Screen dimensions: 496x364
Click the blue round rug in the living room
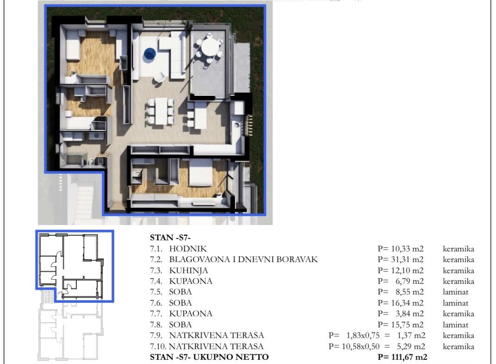[150, 53]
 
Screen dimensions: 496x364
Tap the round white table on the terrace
[210, 47]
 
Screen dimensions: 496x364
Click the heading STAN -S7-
[170, 238]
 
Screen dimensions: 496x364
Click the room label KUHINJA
[188, 271]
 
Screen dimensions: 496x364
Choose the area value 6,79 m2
[409, 282]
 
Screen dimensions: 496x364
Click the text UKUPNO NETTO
[231, 357]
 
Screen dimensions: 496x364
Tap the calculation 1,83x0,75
[363, 335]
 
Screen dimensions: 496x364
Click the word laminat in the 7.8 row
[456, 325]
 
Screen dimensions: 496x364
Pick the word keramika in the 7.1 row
[458, 249]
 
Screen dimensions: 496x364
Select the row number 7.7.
[156, 314]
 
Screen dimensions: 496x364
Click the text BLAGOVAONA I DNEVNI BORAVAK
[243, 260]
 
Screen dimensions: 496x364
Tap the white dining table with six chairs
[161, 111]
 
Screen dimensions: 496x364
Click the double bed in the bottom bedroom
[201, 172]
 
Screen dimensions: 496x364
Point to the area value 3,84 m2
[409, 314]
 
